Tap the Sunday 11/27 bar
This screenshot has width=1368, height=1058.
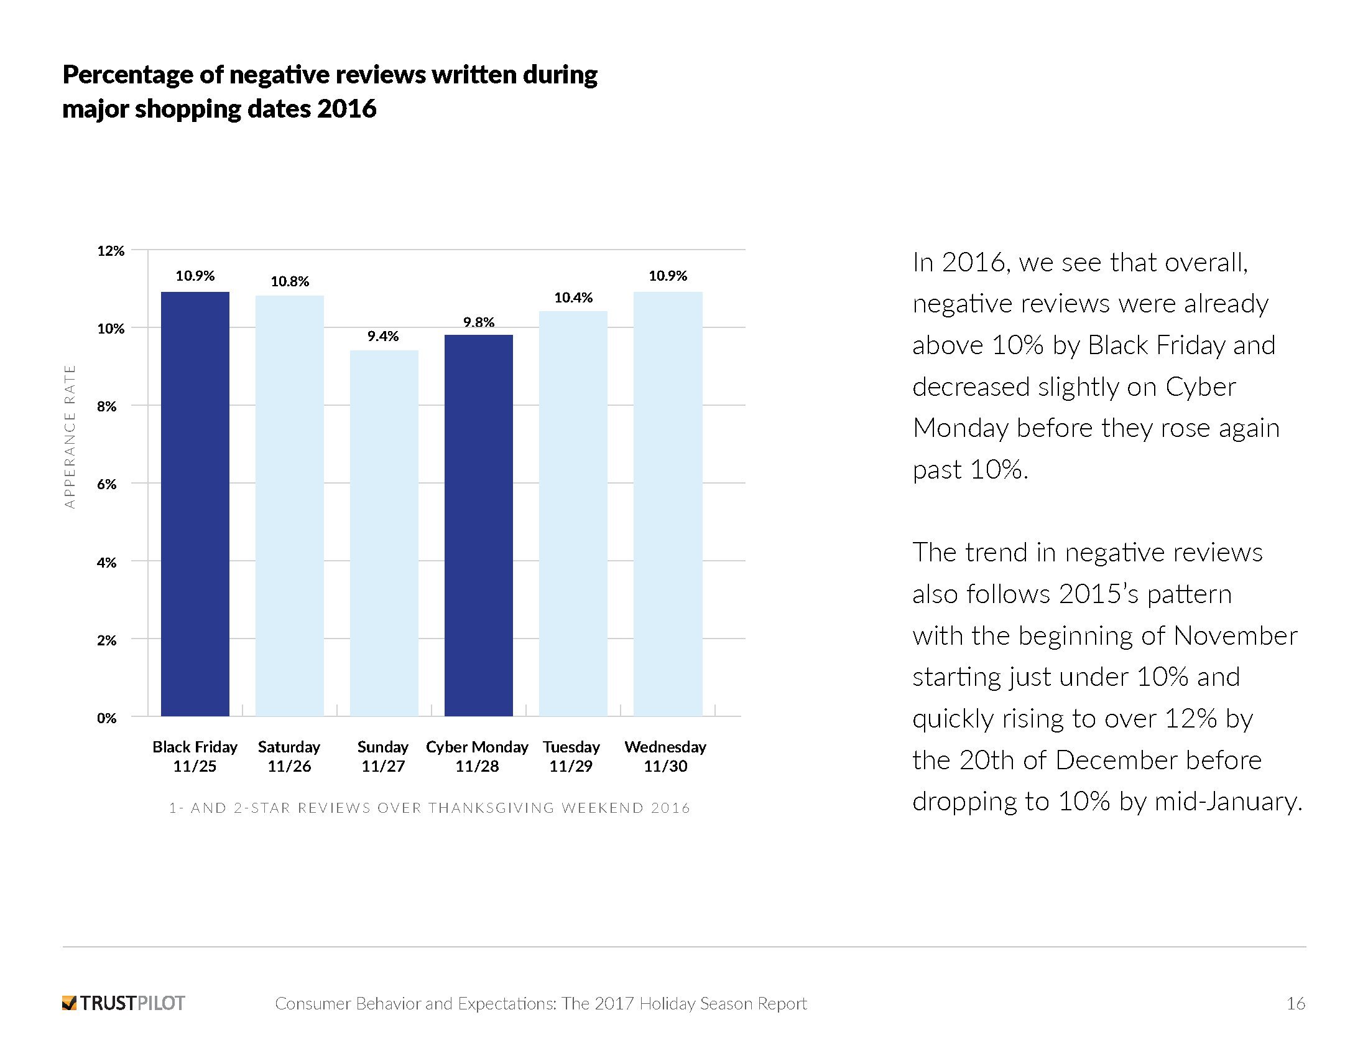pyautogui.click(x=384, y=533)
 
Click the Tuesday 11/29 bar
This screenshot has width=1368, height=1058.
pyautogui.click(x=573, y=513)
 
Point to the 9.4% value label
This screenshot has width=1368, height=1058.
pyautogui.click(x=382, y=337)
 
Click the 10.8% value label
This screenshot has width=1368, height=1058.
pyautogui.click(x=289, y=282)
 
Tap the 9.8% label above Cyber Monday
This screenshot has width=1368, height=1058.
pyautogui.click(x=479, y=322)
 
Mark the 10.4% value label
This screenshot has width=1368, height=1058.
pyautogui.click(x=573, y=297)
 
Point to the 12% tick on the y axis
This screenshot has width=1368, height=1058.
pyautogui.click(x=111, y=251)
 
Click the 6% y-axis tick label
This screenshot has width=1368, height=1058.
pyautogui.click(x=106, y=484)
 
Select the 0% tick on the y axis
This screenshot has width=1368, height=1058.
pyautogui.click(x=106, y=718)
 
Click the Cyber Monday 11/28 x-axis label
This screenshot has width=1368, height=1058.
pyautogui.click(x=478, y=757)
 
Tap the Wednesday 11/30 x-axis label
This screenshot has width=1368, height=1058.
pyautogui.click(x=665, y=757)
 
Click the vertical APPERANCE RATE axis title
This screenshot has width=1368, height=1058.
pyautogui.click(x=70, y=437)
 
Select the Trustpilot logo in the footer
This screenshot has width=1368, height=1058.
pyautogui.click(x=123, y=1003)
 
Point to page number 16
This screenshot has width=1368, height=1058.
pyautogui.click(x=1296, y=1003)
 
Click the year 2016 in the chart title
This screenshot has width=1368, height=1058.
pyautogui.click(x=346, y=109)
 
